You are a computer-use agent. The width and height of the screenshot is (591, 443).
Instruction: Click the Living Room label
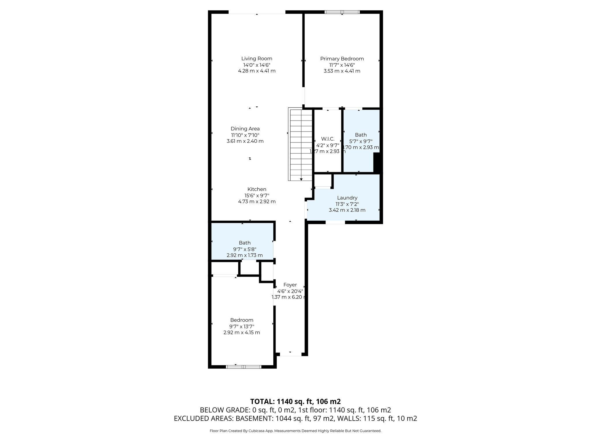pyautogui.click(x=257, y=59)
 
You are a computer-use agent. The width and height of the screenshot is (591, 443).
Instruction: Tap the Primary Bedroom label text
pyautogui.click(x=342, y=59)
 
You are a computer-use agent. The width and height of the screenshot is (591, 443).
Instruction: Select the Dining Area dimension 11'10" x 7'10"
pyautogui.click(x=245, y=135)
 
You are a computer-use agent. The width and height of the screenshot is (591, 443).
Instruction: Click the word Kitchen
pyautogui.click(x=257, y=189)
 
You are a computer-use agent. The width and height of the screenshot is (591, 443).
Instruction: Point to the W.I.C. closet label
pyautogui.click(x=328, y=139)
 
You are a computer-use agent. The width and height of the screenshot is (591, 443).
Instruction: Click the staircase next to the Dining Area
pyautogui.click(x=301, y=144)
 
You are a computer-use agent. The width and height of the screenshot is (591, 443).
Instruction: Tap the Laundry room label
pyautogui.click(x=347, y=198)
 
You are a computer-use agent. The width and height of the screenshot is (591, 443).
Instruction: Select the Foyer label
pyautogui.click(x=290, y=285)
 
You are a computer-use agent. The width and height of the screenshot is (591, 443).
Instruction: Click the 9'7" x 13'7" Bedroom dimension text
pyautogui.click(x=242, y=326)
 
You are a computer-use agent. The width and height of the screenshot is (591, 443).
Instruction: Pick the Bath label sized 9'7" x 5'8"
pyautogui.click(x=244, y=243)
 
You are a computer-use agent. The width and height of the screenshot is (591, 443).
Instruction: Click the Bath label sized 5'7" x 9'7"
pyautogui.click(x=361, y=135)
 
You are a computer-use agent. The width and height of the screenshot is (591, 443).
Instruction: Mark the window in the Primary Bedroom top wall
pyautogui.click(x=342, y=12)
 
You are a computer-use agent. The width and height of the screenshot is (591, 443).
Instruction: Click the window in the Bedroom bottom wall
pyautogui.click(x=243, y=367)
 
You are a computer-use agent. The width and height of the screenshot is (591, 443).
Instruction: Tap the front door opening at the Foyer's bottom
pyautogui.click(x=290, y=354)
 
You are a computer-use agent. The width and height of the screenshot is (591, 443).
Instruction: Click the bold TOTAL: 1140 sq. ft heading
pyautogui.click(x=295, y=401)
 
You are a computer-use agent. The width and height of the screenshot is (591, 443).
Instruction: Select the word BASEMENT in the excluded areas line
pyautogui.click(x=255, y=418)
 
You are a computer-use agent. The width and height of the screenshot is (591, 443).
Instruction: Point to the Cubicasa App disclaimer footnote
pyautogui.click(x=295, y=431)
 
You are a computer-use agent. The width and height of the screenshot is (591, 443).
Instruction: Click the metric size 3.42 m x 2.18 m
pyautogui.click(x=347, y=210)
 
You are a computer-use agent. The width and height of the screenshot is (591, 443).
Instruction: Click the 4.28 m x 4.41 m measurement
pyautogui.click(x=257, y=71)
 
